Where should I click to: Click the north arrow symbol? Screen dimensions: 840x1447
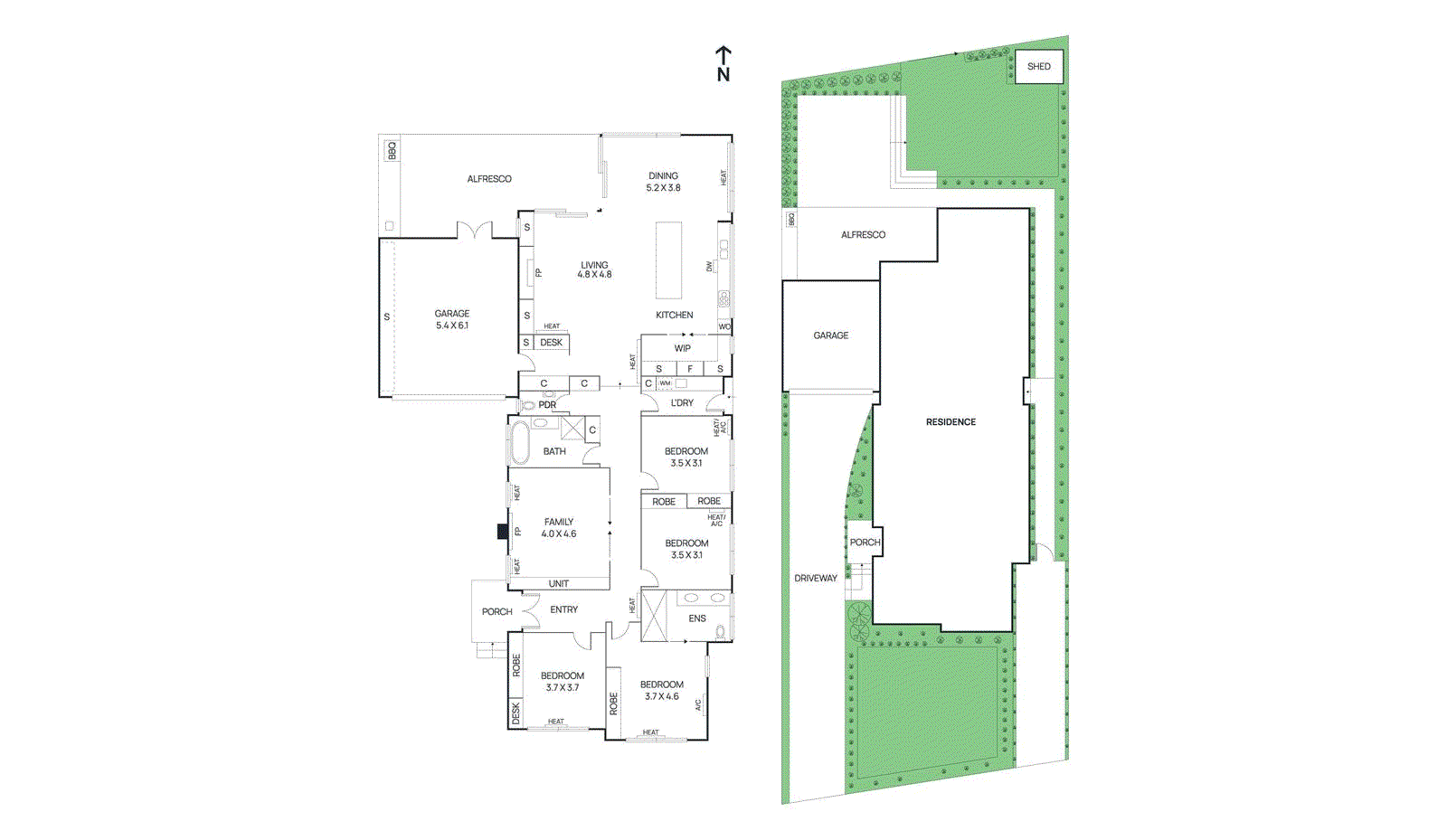723,64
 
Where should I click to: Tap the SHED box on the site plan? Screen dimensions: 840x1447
1038,66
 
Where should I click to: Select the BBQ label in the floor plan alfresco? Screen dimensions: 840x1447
392,150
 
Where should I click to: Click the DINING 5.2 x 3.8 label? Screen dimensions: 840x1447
663,182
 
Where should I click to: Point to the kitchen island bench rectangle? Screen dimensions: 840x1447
668,260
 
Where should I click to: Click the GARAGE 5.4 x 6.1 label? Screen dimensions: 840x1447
451,319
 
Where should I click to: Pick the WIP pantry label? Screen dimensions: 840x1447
682,348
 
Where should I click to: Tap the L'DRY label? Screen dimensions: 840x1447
682,403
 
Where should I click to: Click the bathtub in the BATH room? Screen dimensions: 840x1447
520,442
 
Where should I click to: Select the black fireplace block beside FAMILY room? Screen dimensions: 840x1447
503,532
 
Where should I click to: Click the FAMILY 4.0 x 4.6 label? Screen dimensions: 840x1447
559,528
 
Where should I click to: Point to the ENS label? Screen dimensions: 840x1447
696,618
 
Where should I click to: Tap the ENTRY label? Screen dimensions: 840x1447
563,609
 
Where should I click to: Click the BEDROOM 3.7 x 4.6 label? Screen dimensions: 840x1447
661,690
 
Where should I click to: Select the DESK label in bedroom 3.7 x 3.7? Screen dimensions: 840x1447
515,713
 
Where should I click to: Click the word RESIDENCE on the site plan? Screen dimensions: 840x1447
950,422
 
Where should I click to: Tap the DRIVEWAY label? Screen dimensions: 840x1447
815,578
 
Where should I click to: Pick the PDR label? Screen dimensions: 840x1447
547,405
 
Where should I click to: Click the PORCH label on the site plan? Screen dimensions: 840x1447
865,543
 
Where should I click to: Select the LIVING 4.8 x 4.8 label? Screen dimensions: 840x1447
594,269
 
